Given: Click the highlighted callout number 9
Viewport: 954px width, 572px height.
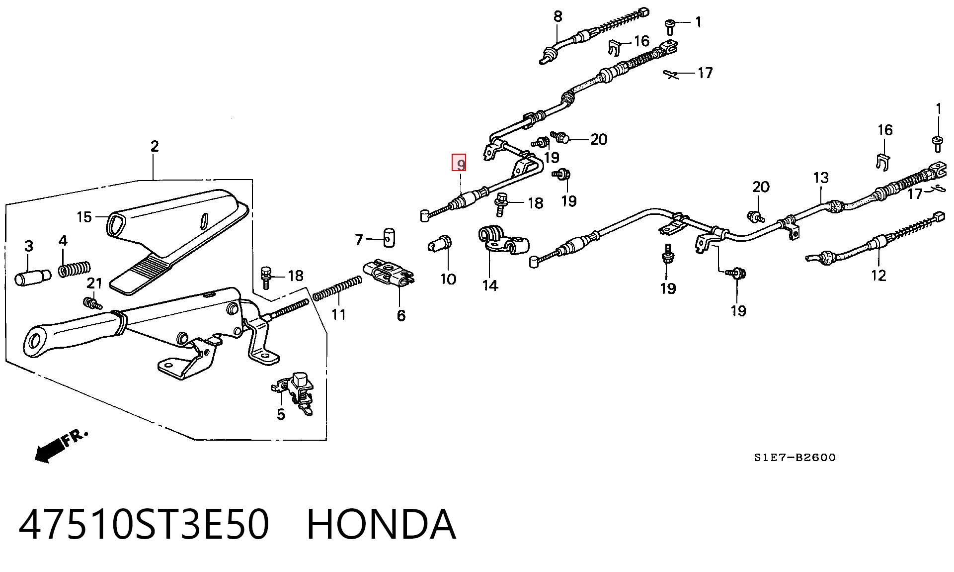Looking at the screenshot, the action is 459,163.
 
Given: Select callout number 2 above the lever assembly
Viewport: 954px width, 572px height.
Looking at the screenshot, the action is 155,146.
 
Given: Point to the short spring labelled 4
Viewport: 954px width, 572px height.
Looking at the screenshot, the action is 75,269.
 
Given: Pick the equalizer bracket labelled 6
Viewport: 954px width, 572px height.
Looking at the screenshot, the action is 389,273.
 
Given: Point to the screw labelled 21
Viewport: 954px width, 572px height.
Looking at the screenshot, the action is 92,302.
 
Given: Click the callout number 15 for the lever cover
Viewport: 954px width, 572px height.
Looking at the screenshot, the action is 84,217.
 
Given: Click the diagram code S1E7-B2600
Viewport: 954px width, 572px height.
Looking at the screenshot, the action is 795,458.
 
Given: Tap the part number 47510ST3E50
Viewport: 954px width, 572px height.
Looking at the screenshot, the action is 144,524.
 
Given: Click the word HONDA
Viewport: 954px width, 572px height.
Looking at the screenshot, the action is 381,524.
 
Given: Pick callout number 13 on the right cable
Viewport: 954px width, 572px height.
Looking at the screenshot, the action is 821,178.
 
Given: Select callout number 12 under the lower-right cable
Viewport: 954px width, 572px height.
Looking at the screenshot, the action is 878,275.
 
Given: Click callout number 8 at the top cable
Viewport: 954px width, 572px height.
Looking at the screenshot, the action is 558,16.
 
